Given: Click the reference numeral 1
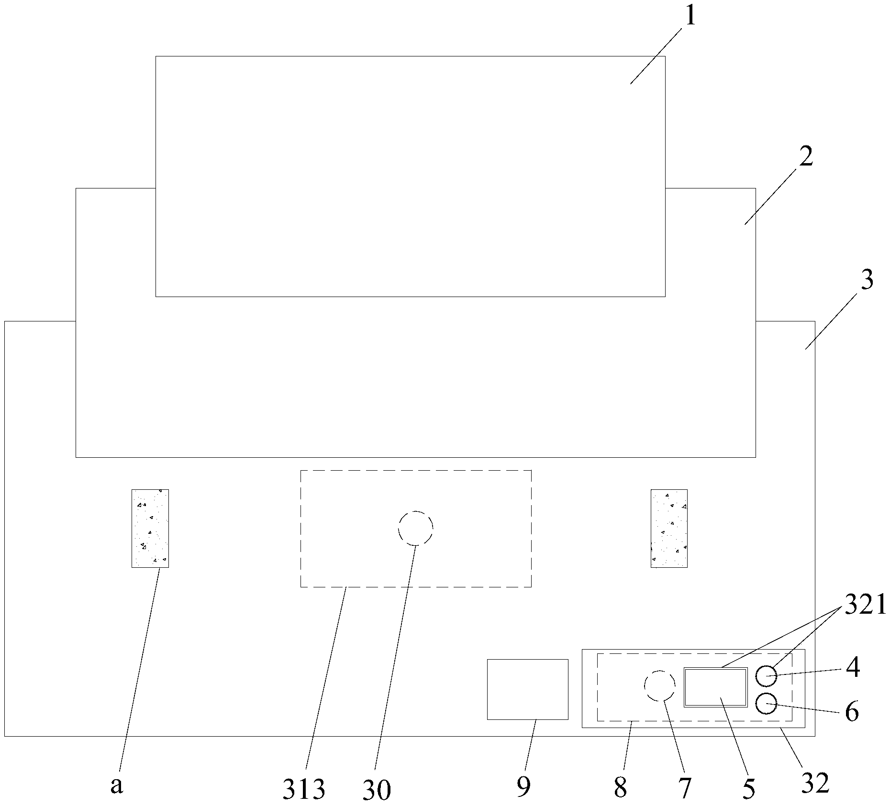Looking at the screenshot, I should click(690, 17).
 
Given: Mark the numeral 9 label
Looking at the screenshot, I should click(524, 786).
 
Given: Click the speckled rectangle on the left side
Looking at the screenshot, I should click(150, 528).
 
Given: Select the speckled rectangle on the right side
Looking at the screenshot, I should click(669, 528).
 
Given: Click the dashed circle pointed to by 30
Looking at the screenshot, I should click(415, 528).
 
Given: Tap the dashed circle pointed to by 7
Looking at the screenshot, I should click(660, 685).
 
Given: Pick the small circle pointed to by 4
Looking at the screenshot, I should click(766, 676).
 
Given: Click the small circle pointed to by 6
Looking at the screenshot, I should click(766, 703).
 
